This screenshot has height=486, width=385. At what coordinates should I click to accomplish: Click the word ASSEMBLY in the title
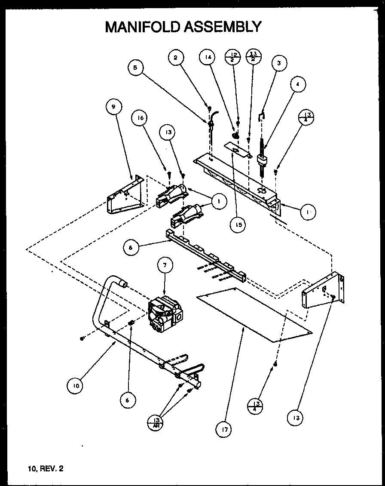[x=222, y=27]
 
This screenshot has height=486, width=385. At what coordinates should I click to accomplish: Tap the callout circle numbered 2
[x=176, y=58]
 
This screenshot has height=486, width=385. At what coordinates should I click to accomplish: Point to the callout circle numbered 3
[x=279, y=63]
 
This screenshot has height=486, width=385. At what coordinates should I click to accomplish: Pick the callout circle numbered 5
[x=135, y=68]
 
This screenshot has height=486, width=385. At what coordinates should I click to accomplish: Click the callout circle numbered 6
[x=127, y=400]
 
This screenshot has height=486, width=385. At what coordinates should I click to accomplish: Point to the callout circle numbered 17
[x=224, y=429]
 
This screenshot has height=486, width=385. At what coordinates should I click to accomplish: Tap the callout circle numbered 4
[x=298, y=84]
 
